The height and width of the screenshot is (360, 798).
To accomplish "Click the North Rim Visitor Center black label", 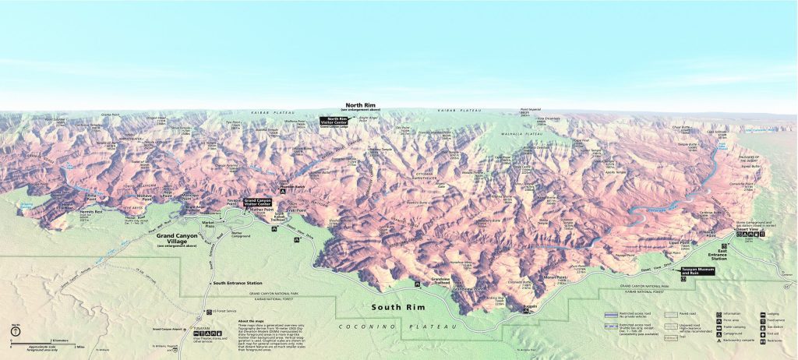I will [x=334, y=121].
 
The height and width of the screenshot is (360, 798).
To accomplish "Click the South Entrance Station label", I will [x=237, y=282].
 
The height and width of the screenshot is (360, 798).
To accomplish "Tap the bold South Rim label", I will [x=398, y=308].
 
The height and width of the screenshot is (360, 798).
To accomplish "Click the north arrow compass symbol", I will [x=15, y=329].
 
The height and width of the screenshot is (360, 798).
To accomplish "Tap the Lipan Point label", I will [x=678, y=244].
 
